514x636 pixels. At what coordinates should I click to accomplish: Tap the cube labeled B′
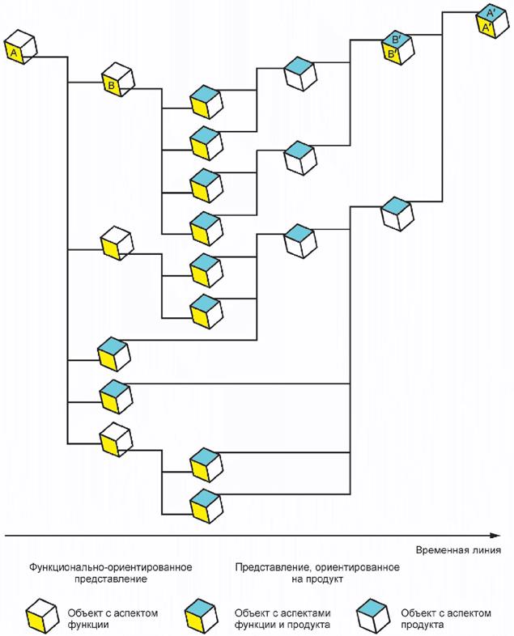(397, 47)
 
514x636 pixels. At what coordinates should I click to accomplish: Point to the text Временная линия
(457, 550)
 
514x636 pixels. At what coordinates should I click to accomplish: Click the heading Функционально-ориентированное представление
(111, 573)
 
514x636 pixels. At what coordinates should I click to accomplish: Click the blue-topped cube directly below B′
(397, 212)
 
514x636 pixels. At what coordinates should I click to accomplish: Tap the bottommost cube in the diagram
(204, 503)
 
